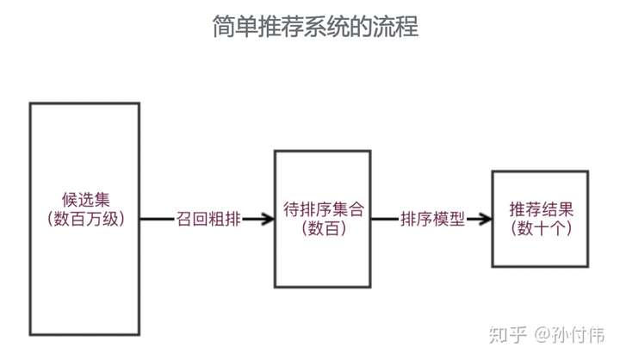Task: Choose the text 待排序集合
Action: (323, 209)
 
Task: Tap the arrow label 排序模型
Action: (432, 219)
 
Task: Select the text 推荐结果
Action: (541, 209)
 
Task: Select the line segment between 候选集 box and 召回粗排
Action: (156, 219)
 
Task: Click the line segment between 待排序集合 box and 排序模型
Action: (385, 219)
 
